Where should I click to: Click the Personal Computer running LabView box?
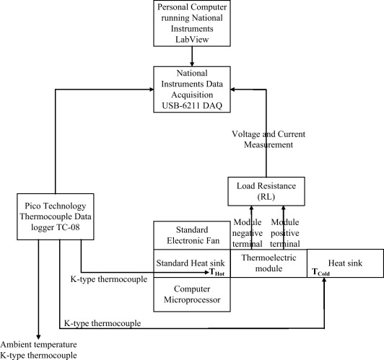pos(192,23)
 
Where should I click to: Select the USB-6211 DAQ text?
pos(192,106)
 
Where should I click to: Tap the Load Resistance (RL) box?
pos(266,191)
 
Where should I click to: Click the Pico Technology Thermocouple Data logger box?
pos(56,216)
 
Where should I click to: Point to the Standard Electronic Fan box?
pos(192,235)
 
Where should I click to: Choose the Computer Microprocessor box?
pos(192,294)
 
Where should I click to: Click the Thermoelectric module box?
pos(269,263)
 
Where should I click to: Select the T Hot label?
pos(217,272)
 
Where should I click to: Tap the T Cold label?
pos(320,272)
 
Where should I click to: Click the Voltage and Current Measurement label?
pos(269,139)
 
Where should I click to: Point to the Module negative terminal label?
pos(248,233)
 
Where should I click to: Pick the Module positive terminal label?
pos(285,233)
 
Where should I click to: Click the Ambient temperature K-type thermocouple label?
pos(38,350)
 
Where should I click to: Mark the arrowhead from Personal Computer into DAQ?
pos(192,63)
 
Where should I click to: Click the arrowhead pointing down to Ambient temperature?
pos(38,337)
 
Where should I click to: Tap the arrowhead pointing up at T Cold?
pos(324,281)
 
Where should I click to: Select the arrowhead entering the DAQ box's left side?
pos(151,89)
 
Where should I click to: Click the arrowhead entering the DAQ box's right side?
pos(233,89)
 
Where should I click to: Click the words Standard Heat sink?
pos(191,263)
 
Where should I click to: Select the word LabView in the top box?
pos(192,40)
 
